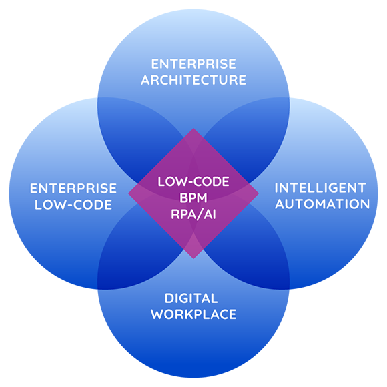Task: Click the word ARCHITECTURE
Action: [193, 80]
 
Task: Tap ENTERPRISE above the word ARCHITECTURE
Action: [193, 64]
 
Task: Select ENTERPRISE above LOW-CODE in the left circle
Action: [73, 189]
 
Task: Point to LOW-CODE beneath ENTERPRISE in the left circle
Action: [73, 205]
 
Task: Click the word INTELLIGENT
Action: [320, 188]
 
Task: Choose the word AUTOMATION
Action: [322, 204]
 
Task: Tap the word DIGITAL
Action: [191, 298]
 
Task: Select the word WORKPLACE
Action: [193, 314]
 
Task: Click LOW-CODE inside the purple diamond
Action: [193, 181]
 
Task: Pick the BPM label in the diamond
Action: [193, 198]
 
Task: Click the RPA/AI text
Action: [193, 214]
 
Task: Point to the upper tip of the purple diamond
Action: [193, 129]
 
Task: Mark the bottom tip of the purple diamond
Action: [193, 258]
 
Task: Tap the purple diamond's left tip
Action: [129, 193]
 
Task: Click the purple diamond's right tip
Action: [258, 193]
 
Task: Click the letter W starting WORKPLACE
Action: [157, 314]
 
